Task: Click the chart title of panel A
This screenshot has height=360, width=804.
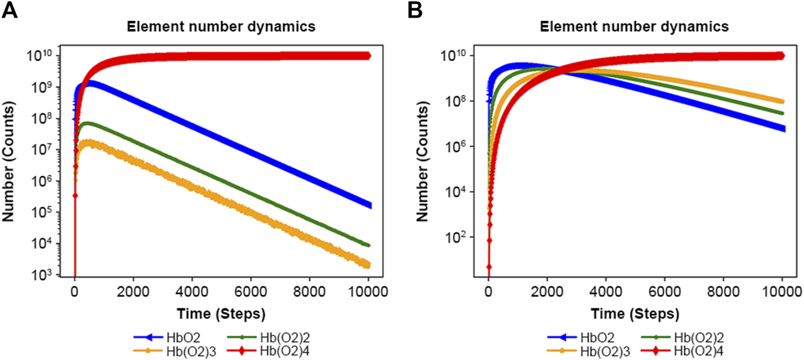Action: [221, 27]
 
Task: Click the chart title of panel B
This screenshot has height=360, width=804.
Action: [635, 27]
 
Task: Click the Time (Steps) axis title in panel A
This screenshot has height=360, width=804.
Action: [221, 314]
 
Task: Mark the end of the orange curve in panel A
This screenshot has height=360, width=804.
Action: [368, 265]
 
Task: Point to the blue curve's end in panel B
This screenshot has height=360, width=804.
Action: [782, 129]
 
